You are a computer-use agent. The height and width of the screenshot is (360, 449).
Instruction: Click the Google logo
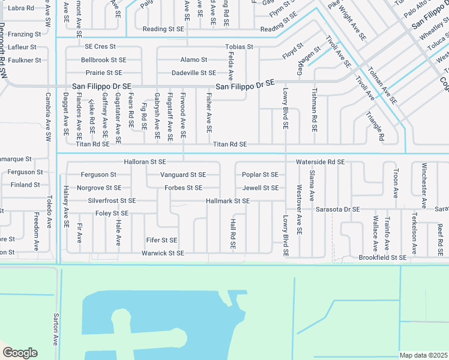tap(20, 353)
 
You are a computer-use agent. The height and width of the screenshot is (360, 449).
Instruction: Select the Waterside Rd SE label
tap(320, 162)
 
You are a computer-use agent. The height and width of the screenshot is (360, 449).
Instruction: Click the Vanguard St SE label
tap(183, 175)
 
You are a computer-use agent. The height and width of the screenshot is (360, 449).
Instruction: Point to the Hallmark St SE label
tap(228, 200)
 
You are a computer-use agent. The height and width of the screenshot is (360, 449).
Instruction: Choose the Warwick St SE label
tap(163, 253)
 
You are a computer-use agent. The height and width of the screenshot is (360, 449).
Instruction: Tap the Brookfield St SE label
tap(382, 257)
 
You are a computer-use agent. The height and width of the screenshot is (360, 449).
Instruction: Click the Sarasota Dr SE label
tap(337, 209)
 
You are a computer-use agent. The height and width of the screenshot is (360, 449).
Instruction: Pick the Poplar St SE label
tap(260, 175)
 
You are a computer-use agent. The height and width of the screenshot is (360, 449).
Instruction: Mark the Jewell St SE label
tap(260, 188)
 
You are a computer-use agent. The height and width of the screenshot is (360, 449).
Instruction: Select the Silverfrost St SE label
tap(112, 200)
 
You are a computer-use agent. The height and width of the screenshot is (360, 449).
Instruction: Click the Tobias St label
tap(239, 46)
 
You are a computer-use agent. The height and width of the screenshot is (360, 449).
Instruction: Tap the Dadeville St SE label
tap(193, 73)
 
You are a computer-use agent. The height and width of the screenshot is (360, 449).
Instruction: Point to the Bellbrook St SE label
tap(104, 60)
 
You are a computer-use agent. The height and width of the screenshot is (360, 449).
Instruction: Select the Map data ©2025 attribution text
tap(423, 355)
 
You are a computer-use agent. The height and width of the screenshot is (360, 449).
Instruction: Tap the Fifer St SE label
tap(161, 240)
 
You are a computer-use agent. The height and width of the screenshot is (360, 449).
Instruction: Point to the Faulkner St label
tap(25, 60)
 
